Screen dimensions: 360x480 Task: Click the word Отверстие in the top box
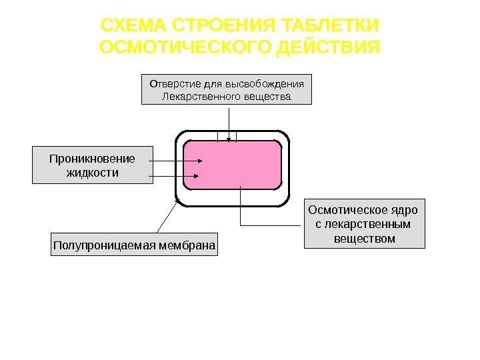click(x=170, y=84)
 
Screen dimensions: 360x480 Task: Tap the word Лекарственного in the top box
click(x=196, y=97)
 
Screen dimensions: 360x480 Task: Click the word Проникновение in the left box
click(x=92, y=159)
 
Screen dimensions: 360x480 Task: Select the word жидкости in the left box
click(x=92, y=173)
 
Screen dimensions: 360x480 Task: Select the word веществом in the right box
click(x=365, y=237)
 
